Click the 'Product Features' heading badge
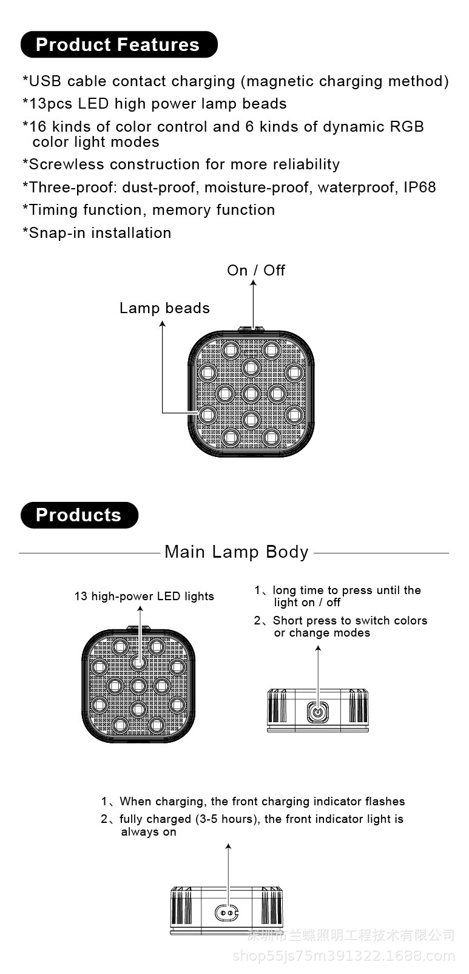pos(118,45)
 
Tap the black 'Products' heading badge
pos(79,515)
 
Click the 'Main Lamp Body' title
pos(237,552)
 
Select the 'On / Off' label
pos(255,271)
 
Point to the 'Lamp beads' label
pos(164,308)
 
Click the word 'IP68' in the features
pos(420,188)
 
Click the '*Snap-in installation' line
pos(97,233)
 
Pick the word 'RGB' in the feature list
pos(407,127)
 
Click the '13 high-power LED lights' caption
pos(144,597)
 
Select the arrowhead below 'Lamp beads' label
pos(163,324)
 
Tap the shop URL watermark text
pos(344,957)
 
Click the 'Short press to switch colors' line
pos(349,621)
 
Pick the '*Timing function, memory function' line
pos(149,210)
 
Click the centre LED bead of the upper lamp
pos(251,393)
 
